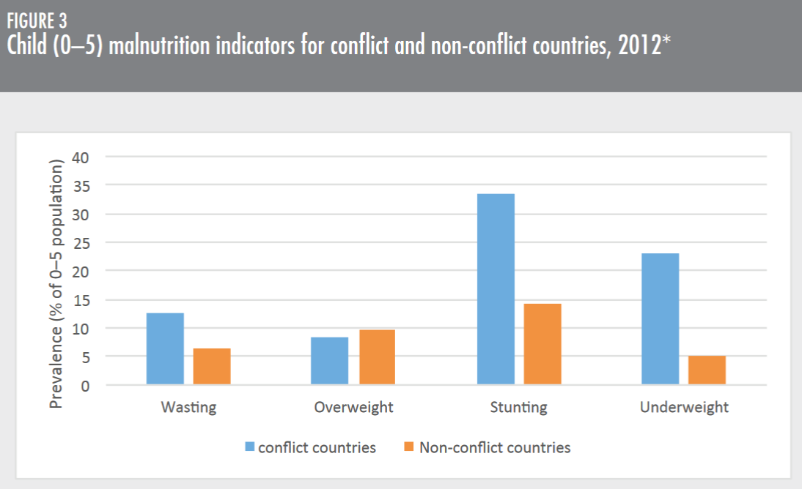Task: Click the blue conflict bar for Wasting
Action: pyautogui.click(x=165, y=348)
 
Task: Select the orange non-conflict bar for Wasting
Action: pyautogui.click(x=212, y=366)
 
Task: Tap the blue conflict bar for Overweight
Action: pyautogui.click(x=330, y=361)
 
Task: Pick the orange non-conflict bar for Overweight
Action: pyautogui.click(x=377, y=357)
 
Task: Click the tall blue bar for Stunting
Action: pyautogui.click(x=496, y=289)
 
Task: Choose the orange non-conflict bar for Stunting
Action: pyautogui.click(x=542, y=344)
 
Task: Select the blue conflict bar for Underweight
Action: pyautogui.click(x=660, y=318)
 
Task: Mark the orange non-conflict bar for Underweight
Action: pyautogui.click(x=707, y=370)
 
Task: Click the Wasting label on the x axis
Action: pyautogui.click(x=188, y=407)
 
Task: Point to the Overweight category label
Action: pyautogui.click(x=353, y=407)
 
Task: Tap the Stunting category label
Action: pyautogui.click(x=519, y=407)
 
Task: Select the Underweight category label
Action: pyautogui.click(x=684, y=407)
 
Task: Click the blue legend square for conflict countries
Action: pyautogui.click(x=249, y=447)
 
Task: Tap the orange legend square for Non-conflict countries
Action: pyautogui.click(x=409, y=447)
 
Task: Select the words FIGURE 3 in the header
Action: pyautogui.click(x=37, y=20)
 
